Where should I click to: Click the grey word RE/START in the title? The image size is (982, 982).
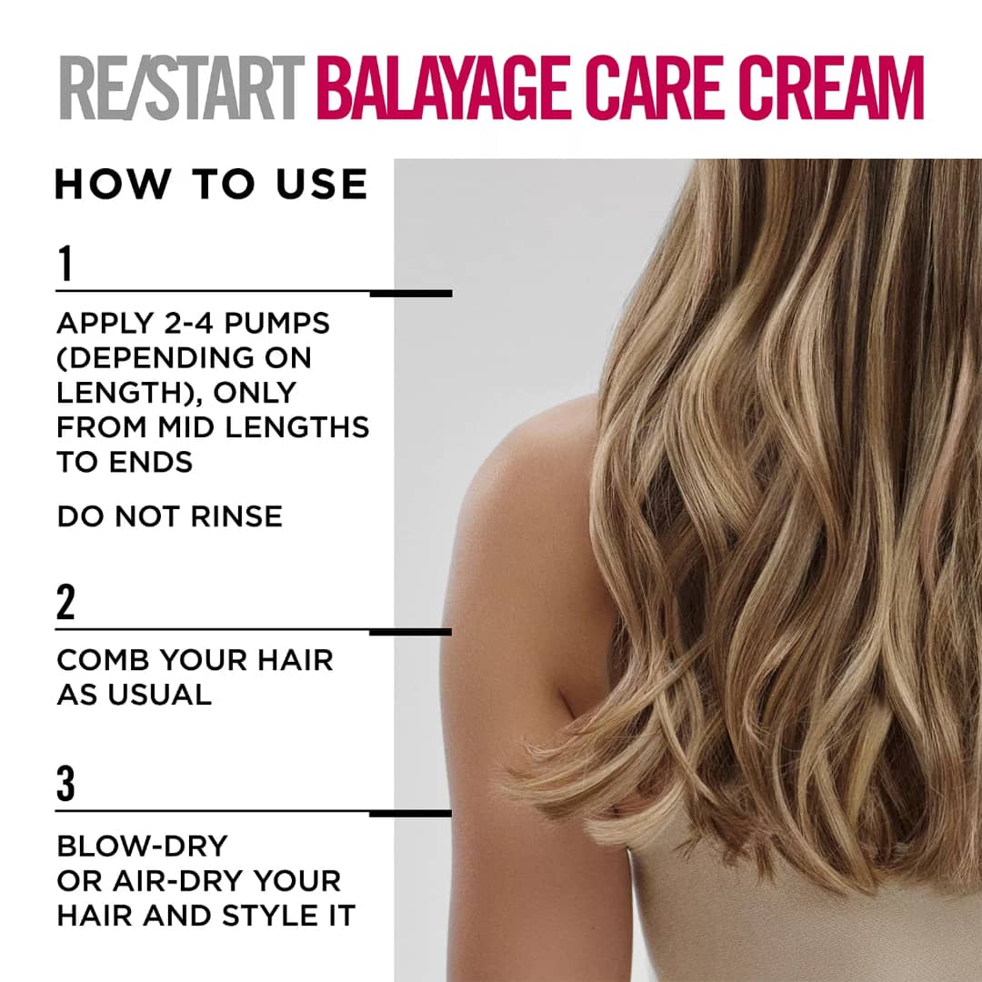182,87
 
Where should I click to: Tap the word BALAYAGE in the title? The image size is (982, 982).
444,87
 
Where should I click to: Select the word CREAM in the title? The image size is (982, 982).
831,87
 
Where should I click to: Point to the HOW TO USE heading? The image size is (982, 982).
211,184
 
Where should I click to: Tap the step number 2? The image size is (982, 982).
65,602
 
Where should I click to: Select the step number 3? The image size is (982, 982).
65,784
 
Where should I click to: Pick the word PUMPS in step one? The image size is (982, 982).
276,323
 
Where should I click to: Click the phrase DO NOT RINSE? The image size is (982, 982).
170,516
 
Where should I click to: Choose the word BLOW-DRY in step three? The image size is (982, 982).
142,847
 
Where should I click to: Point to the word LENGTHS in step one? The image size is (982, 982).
296,427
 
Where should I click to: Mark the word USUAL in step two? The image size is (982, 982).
160,696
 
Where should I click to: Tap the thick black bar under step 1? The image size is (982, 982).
411,293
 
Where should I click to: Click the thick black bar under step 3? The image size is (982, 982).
410,814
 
